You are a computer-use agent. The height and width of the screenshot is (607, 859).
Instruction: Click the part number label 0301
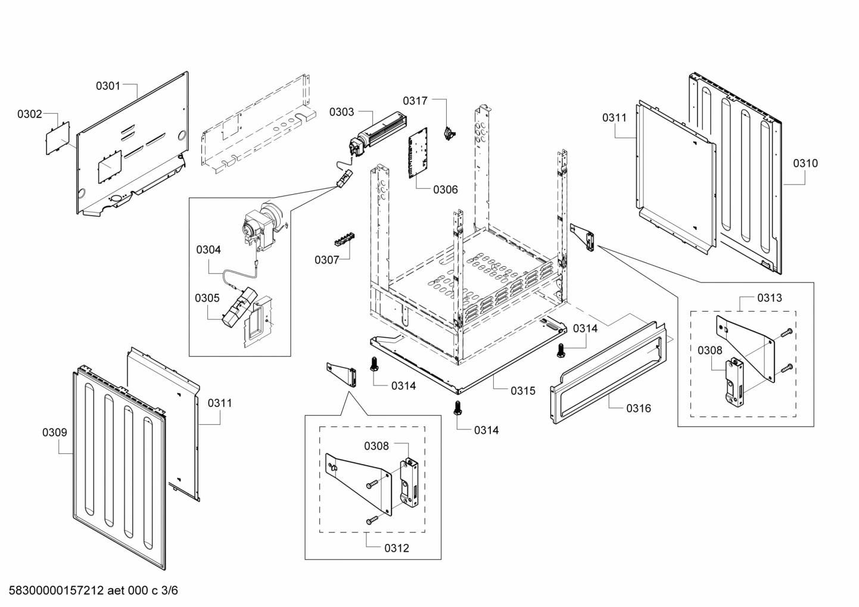point(108,86)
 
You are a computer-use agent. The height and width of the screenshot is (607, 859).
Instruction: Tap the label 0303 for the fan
point(341,111)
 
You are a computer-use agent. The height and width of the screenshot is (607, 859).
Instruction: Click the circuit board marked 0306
point(421,153)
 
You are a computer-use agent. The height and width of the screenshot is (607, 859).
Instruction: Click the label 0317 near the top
point(415,101)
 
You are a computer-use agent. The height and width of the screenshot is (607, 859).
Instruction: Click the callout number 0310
point(805,163)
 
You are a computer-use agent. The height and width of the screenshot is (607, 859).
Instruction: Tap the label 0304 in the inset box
point(208,250)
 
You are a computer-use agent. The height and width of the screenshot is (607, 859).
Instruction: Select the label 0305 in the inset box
point(207,298)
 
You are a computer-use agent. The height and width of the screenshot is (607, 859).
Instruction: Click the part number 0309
point(54,432)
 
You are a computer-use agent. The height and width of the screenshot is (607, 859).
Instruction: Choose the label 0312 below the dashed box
point(397,548)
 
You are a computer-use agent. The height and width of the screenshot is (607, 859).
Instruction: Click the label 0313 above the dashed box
point(770,297)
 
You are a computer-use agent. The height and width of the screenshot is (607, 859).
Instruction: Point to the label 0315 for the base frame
point(522,391)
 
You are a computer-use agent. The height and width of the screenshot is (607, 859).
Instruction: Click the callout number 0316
point(638,408)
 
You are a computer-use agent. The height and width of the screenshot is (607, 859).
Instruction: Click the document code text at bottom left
point(89,591)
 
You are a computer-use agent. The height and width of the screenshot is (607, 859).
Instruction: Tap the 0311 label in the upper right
point(614,117)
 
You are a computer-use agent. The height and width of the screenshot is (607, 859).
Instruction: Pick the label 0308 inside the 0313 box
point(709,351)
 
